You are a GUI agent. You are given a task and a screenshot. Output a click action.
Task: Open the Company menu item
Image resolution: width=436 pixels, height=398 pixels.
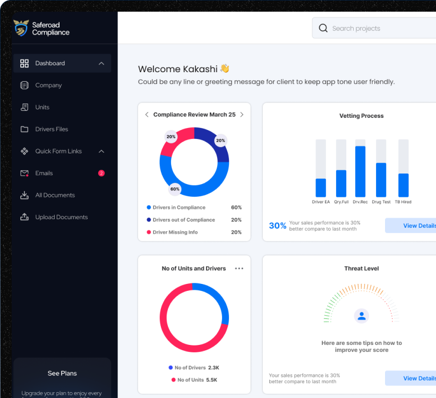(48, 85)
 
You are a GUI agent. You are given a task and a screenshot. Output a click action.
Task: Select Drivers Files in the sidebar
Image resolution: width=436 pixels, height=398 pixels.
(52, 129)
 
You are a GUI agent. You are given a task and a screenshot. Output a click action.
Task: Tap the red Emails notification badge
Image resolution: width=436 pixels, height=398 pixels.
(101, 173)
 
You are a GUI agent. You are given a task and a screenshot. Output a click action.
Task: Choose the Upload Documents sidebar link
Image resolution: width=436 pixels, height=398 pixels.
(61, 217)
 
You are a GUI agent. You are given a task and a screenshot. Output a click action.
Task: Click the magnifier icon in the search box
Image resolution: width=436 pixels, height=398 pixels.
(323, 28)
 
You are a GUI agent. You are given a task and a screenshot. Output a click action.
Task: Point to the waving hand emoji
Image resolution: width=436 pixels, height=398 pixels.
(225, 68)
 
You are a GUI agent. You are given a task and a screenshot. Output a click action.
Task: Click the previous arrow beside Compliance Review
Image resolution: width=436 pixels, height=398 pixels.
(147, 115)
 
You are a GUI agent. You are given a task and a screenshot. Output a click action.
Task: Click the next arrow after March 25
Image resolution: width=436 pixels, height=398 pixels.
(242, 115)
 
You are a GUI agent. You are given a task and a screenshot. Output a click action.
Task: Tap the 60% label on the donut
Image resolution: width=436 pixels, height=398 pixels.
(175, 189)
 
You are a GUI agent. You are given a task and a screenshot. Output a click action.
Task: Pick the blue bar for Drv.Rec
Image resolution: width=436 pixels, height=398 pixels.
(360, 171)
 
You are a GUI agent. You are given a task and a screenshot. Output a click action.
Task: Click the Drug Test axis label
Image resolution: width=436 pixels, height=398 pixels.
(381, 202)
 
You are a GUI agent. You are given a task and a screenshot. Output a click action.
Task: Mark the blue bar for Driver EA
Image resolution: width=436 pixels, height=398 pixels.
(321, 188)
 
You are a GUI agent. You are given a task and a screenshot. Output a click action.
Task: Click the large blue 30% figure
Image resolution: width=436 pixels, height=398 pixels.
(277, 226)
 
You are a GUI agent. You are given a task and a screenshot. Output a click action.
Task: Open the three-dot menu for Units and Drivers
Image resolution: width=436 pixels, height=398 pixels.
(239, 269)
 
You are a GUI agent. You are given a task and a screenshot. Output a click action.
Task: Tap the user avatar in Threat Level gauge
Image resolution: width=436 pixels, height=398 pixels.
(362, 316)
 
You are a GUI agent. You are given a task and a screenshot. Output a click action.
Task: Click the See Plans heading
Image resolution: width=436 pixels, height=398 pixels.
(62, 374)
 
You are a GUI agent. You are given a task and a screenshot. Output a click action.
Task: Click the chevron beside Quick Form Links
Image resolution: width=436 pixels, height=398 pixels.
(101, 151)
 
